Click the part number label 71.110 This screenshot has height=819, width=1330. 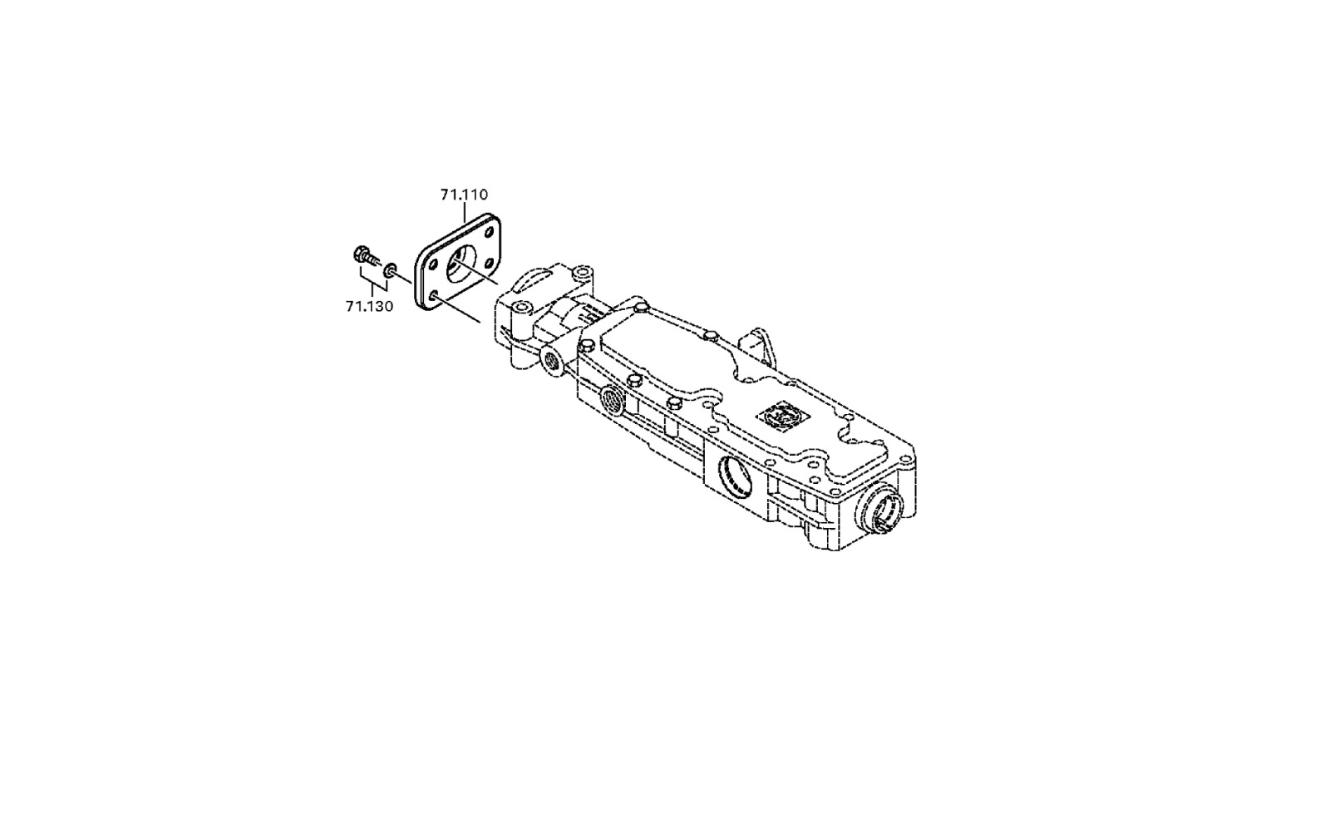(464, 195)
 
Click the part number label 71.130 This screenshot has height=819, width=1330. (369, 307)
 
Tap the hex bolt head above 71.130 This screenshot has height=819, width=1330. (361, 254)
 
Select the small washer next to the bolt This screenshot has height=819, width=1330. (390, 270)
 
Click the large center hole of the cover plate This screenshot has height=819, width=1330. (461, 264)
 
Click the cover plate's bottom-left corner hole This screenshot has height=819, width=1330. (433, 296)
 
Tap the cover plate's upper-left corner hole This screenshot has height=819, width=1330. (433, 263)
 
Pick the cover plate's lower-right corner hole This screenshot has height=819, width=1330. (490, 263)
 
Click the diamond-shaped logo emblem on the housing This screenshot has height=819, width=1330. (779, 413)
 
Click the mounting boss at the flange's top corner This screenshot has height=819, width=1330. (583, 274)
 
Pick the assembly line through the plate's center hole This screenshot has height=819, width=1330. (476, 274)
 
